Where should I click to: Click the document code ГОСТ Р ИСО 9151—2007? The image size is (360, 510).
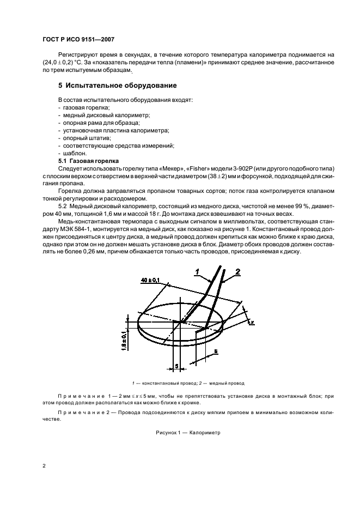(78, 40)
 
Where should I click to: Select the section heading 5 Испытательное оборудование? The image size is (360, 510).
(117, 86)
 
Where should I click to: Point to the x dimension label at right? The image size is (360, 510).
(253, 323)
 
